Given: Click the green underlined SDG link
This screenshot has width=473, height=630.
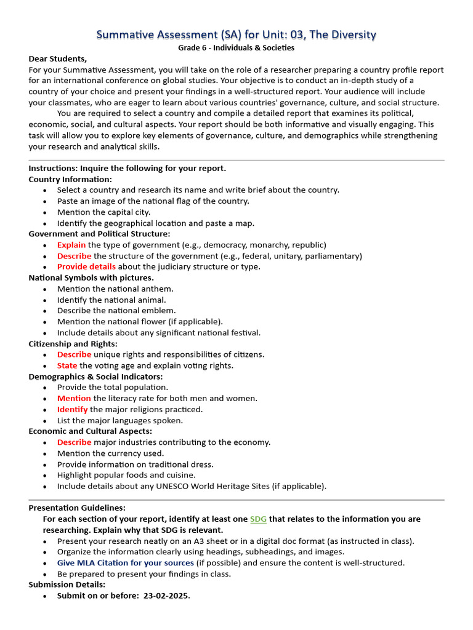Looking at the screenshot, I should click(x=258, y=519).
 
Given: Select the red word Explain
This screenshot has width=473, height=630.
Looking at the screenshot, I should click(x=71, y=245).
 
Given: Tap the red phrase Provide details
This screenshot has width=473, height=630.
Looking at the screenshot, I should click(x=86, y=266).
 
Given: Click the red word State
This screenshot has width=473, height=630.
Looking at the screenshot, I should click(x=67, y=365).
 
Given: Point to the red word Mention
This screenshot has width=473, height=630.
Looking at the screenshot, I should click(x=74, y=398).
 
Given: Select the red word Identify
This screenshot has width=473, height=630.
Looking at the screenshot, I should click(x=73, y=409).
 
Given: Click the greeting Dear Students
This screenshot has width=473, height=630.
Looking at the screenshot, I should click(x=58, y=59).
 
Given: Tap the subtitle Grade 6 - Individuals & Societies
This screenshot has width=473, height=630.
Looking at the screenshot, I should click(x=236, y=47).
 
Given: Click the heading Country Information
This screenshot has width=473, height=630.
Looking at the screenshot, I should click(x=70, y=179).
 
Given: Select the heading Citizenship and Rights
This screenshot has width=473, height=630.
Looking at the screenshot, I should click(x=73, y=343).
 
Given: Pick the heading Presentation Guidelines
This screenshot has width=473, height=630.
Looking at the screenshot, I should click(x=77, y=508).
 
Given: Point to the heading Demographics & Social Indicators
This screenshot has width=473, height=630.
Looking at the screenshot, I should click(x=95, y=377).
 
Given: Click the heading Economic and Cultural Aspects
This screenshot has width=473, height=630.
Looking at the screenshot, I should click(x=90, y=431).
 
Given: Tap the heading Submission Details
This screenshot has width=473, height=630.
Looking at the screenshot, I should click(x=67, y=584).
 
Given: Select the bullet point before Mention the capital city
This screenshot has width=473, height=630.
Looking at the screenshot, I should click(x=46, y=212).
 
